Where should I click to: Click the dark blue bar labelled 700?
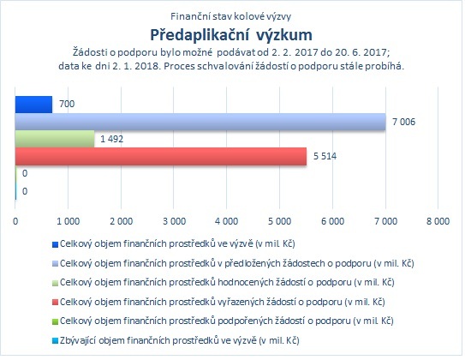[x=33, y=105]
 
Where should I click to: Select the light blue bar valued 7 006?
[x=200, y=122]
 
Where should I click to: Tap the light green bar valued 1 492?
[x=55, y=139]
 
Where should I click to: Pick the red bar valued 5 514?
[x=161, y=156]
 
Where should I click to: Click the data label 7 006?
[x=403, y=122]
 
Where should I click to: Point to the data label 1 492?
[x=112, y=139]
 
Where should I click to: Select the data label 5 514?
[x=325, y=156]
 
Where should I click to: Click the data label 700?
[x=67, y=105]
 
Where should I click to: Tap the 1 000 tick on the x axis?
[x=69, y=221]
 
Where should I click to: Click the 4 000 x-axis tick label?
[x=227, y=221]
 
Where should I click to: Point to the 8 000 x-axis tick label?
[x=438, y=221]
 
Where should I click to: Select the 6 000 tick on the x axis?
[x=332, y=221]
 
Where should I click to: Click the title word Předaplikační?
[x=200, y=35]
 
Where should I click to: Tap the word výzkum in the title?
[x=284, y=36]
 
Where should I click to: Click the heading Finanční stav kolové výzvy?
[x=230, y=16]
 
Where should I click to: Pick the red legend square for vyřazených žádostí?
[x=55, y=303]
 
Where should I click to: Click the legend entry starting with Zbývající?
[x=180, y=340]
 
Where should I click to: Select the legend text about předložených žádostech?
[x=236, y=263]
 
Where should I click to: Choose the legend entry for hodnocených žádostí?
[x=227, y=282]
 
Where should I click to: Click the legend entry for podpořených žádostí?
[x=227, y=321]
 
